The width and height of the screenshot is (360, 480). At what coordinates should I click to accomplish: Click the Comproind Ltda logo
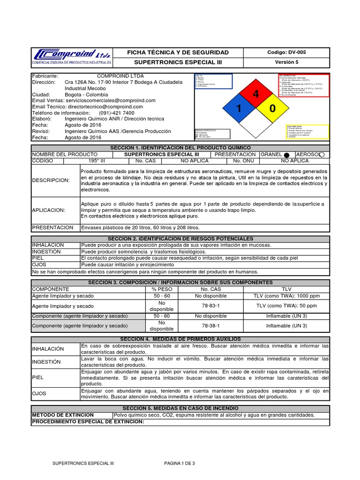(x=72, y=57)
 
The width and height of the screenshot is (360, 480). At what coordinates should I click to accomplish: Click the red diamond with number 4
(x=256, y=94)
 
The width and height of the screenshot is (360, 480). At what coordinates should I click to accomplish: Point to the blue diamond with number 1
(x=240, y=109)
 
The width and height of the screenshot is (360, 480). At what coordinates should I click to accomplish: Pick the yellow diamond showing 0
(x=272, y=109)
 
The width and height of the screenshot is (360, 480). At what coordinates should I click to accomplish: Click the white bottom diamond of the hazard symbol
(x=256, y=125)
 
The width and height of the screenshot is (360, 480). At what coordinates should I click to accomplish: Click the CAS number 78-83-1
(x=207, y=306)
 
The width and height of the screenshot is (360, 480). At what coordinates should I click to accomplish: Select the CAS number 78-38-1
(x=207, y=325)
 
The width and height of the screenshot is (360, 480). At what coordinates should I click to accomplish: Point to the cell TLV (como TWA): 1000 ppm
(x=286, y=296)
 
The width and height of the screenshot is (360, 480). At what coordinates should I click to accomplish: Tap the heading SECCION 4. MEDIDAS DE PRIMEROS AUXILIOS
(x=180, y=339)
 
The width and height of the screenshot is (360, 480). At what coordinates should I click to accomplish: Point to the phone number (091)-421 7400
(x=116, y=113)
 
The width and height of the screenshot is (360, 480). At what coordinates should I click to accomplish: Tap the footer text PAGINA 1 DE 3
(x=180, y=463)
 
